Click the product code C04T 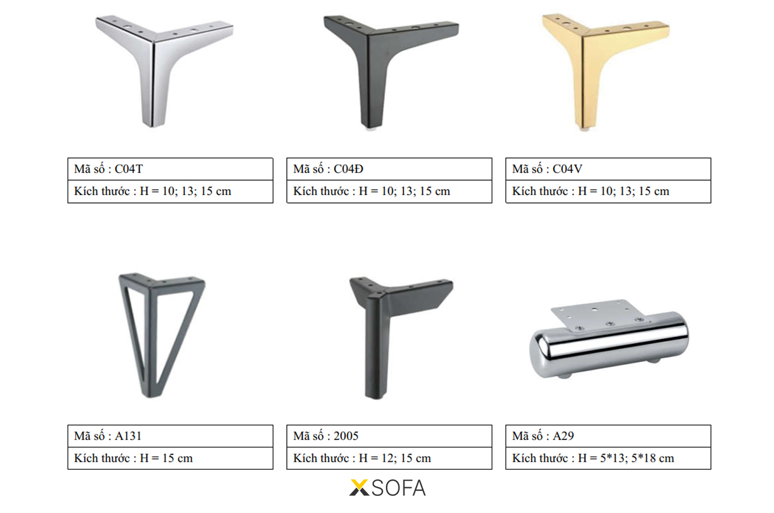[129, 169]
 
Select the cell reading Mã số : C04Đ [389, 169]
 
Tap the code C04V [567, 169]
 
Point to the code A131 [128, 436]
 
